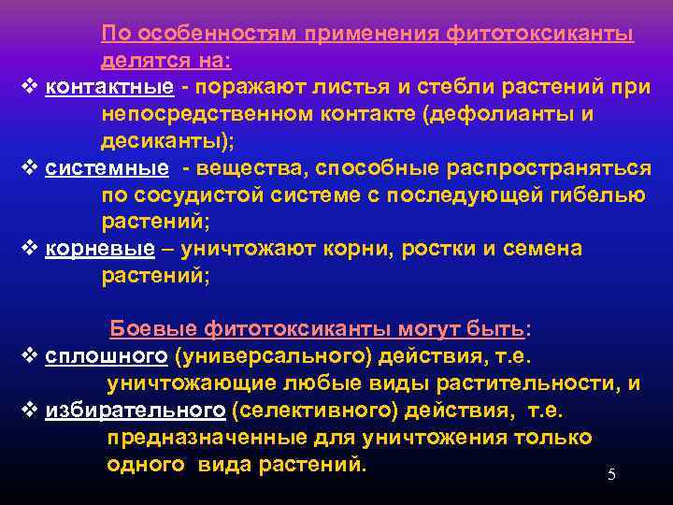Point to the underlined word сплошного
pos(106,356)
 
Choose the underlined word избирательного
pos(135,411)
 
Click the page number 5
pos(611,475)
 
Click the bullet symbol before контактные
pos(28,87)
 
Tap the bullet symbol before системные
pos(28,167)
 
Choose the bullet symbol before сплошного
pos(28,356)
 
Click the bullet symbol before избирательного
pos(28,411)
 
